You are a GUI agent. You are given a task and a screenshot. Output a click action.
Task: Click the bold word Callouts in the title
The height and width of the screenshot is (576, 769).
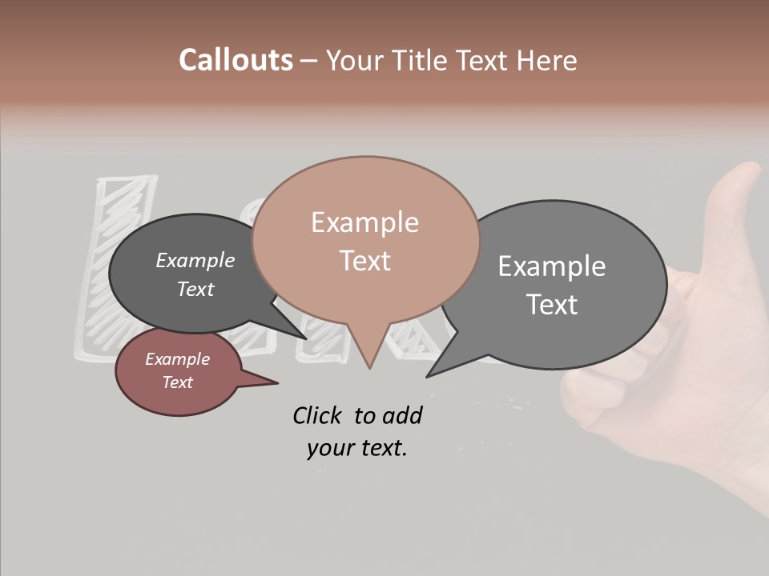pos(236,60)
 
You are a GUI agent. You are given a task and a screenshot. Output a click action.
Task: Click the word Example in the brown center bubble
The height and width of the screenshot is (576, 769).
pos(364,222)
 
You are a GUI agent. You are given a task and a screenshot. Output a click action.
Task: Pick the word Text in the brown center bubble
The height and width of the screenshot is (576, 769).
pos(364,261)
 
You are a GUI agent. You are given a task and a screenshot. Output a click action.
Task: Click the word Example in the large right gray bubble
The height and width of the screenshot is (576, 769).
pos(552,266)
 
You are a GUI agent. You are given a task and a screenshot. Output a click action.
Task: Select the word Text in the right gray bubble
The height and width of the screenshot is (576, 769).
pos(552,305)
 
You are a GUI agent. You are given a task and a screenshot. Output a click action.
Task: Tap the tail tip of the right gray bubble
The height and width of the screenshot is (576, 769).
pos(429,375)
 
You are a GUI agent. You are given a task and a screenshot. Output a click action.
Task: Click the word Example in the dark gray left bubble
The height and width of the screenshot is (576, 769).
pos(195,261)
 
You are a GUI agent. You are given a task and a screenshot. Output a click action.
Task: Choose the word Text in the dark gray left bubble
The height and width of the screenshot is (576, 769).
pos(195,290)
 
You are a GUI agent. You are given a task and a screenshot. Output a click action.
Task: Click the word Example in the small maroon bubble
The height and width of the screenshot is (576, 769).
pos(177,359)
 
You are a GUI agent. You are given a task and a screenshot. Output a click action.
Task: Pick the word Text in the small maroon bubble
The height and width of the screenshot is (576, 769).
pos(177,382)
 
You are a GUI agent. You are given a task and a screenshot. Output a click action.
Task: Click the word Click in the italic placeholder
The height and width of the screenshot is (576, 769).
pos(319,415)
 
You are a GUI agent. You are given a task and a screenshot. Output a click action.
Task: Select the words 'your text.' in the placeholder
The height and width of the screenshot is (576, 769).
pos(356,448)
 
